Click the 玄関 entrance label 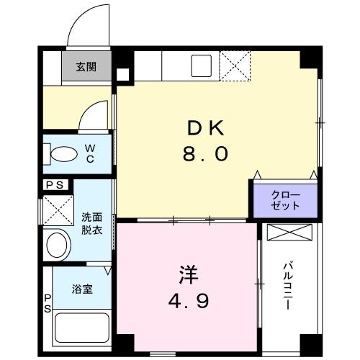[86, 67]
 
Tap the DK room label [206, 128]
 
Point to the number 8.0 [205, 154]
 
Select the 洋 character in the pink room [189, 274]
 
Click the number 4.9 [189, 301]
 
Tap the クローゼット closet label [286, 200]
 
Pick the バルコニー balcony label [288, 286]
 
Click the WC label [90, 153]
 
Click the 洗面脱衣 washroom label [92, 224]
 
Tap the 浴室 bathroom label [82, 289]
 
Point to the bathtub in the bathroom [82, 328]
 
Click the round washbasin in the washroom [57, 245]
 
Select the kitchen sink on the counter [202, 66]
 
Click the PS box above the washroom [55, 185]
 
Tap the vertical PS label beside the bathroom [48, 304]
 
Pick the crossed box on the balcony [289, 232]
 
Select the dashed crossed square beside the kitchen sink [235, 66]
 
